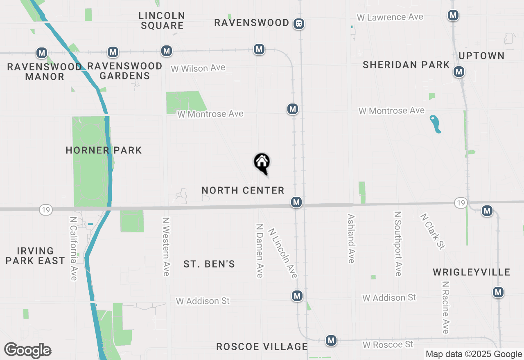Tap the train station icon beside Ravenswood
(x=299, y=23)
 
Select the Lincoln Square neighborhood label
(x=162, y=20)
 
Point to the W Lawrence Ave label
(x=390, y=17)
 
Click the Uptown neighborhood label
(x=481, y=56)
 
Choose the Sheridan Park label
(x=406, y=65)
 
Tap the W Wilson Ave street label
(x=198, y=68)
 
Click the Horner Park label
(x=104, y=150)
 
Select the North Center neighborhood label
(x=243, y=190)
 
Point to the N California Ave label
(x=73, y=249)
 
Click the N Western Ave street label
(x=166, y=246)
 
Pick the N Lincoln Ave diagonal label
(x=282, y=253)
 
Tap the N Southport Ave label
(x=398, y=243)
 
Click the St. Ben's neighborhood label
(x=209, y=264)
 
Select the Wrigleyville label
(x=471, y=272)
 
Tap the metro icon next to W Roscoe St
(x=331, y=340)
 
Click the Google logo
(x=28, y=351)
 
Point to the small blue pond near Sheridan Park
(x=436, y=124)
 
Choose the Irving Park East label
(x=35, y=256)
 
